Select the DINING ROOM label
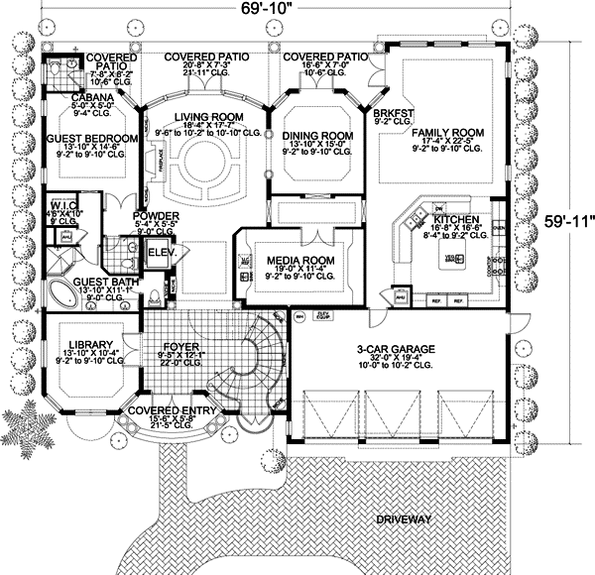pos(318,136)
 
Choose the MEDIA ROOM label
pos(298,261)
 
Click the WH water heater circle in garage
pos(298,317)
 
